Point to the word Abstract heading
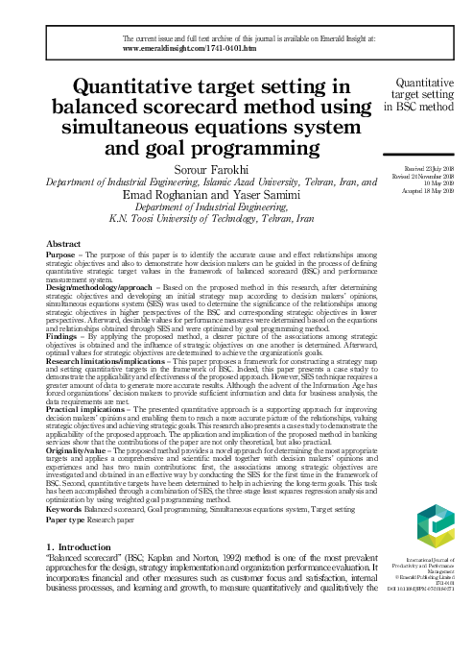[x=62, y=244]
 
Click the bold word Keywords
[x=66, y=509]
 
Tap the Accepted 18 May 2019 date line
[x=434, y=190]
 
